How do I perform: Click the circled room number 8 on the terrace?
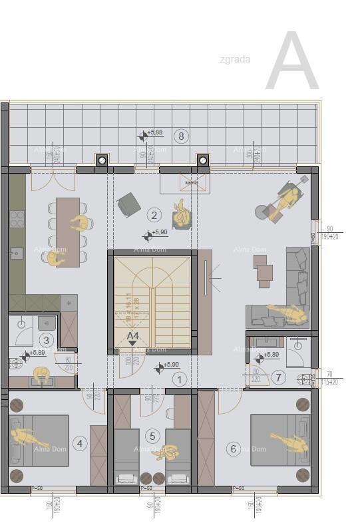pyautogui.click(x=180, y=136)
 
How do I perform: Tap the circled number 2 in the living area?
pyautogui.click(x=154, y=214)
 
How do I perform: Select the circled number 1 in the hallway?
pyautogui.click(x=178, y=379)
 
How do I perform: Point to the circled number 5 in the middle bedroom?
pyautogui.click(x=153, y=436)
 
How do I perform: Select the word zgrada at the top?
pyautogui.click(x=235, y=59)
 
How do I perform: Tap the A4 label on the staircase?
pyautogui.click(x=133, y=336)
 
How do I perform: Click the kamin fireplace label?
pyautogui.click(x=192, y=182)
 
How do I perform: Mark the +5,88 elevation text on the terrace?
pyautogui.click(x=156, y=132)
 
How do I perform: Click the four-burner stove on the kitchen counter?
pyautogui.click(x=17, y=219)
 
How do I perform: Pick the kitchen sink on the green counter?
pyautogui.click(x=17, y=253)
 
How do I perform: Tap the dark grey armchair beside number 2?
pyautogui.click(x=128, y=204)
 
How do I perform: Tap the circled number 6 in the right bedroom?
pyautogui.click(x=233, y=448)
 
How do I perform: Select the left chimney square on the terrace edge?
pyautogui.click(x=102, y=160)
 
